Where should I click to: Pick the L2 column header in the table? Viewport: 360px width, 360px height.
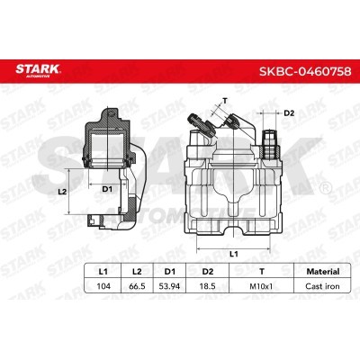pos(136,269)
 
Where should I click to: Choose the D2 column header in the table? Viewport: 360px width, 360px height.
pos(206,269)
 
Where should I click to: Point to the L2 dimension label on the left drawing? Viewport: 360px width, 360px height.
pos(61,192)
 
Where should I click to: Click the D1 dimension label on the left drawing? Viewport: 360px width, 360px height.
pos(106,189)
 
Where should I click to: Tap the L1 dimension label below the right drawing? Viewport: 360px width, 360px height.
pos(233,254)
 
